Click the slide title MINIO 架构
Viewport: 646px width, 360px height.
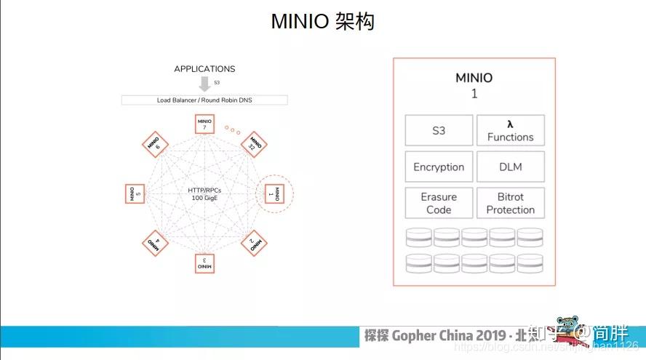322,22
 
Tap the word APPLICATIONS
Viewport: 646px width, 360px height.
204,69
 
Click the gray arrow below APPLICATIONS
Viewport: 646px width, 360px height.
204,84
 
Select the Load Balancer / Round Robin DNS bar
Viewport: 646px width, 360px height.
204,100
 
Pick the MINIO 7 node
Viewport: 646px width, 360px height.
205,124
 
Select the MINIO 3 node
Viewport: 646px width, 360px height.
205,263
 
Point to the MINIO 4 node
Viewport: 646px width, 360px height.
154,243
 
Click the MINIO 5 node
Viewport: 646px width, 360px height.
135,193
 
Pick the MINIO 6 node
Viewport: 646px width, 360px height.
154,143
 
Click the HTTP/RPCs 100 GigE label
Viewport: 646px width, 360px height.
204,193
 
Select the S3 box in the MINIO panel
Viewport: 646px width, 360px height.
439,131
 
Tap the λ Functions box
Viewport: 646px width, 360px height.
510,131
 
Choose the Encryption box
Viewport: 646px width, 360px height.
439,167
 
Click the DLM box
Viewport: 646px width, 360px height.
510,167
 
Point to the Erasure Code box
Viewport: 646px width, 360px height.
439,203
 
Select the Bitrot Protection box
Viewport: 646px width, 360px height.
510,203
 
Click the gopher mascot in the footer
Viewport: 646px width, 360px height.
567,330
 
